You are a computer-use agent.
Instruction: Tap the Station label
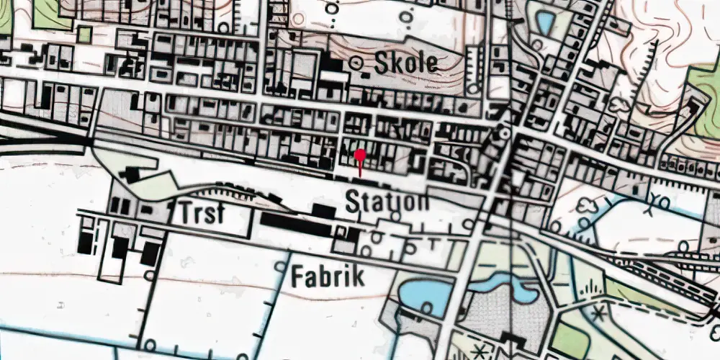(x=387, y=201)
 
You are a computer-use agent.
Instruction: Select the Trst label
(x=201, y=214)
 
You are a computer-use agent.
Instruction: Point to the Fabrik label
(x=328, y=276)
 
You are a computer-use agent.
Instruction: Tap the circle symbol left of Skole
(x=356, y=63)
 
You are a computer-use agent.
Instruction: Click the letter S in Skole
(x=380, y=63)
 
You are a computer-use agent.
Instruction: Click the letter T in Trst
(x=186, y=214)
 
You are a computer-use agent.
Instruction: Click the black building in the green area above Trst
(x=132, y=175)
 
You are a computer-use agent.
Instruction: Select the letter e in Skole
(x=430, y=64)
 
